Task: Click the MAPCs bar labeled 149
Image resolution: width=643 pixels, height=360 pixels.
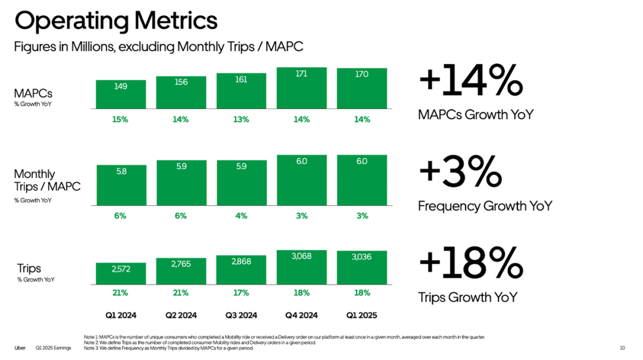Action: coord(120,94)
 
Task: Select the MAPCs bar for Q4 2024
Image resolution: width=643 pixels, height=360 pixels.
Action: coord(301,88)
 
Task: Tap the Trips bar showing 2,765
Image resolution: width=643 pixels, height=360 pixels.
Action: coord(181,271)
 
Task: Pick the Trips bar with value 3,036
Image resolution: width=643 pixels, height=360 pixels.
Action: coord(362,267)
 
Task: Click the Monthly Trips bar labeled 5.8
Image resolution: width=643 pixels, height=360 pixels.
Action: coord(120,185)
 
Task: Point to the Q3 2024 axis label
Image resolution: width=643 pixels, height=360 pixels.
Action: coord(241,315)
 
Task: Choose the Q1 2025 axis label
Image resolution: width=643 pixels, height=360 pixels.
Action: coord(362,315)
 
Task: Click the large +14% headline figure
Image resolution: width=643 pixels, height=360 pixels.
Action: coord(470,82)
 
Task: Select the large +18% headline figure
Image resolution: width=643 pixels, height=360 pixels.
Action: coord(470,264)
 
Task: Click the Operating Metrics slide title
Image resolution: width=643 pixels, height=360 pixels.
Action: coord(116,21)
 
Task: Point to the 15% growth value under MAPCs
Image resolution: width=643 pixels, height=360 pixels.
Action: coord(120,119)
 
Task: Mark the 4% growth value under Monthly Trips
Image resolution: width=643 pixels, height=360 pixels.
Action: coord(241,216)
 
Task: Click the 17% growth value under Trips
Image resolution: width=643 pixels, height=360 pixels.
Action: coord(241,293)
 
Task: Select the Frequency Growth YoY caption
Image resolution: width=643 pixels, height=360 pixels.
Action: coord(485,206)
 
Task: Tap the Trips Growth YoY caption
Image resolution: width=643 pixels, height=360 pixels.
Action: coord(467,298)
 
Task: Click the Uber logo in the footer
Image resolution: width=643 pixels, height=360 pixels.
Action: coord(20,348)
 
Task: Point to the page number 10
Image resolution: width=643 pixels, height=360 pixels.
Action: coord(622,348)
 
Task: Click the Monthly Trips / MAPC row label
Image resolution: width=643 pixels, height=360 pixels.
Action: coord(47,180)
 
